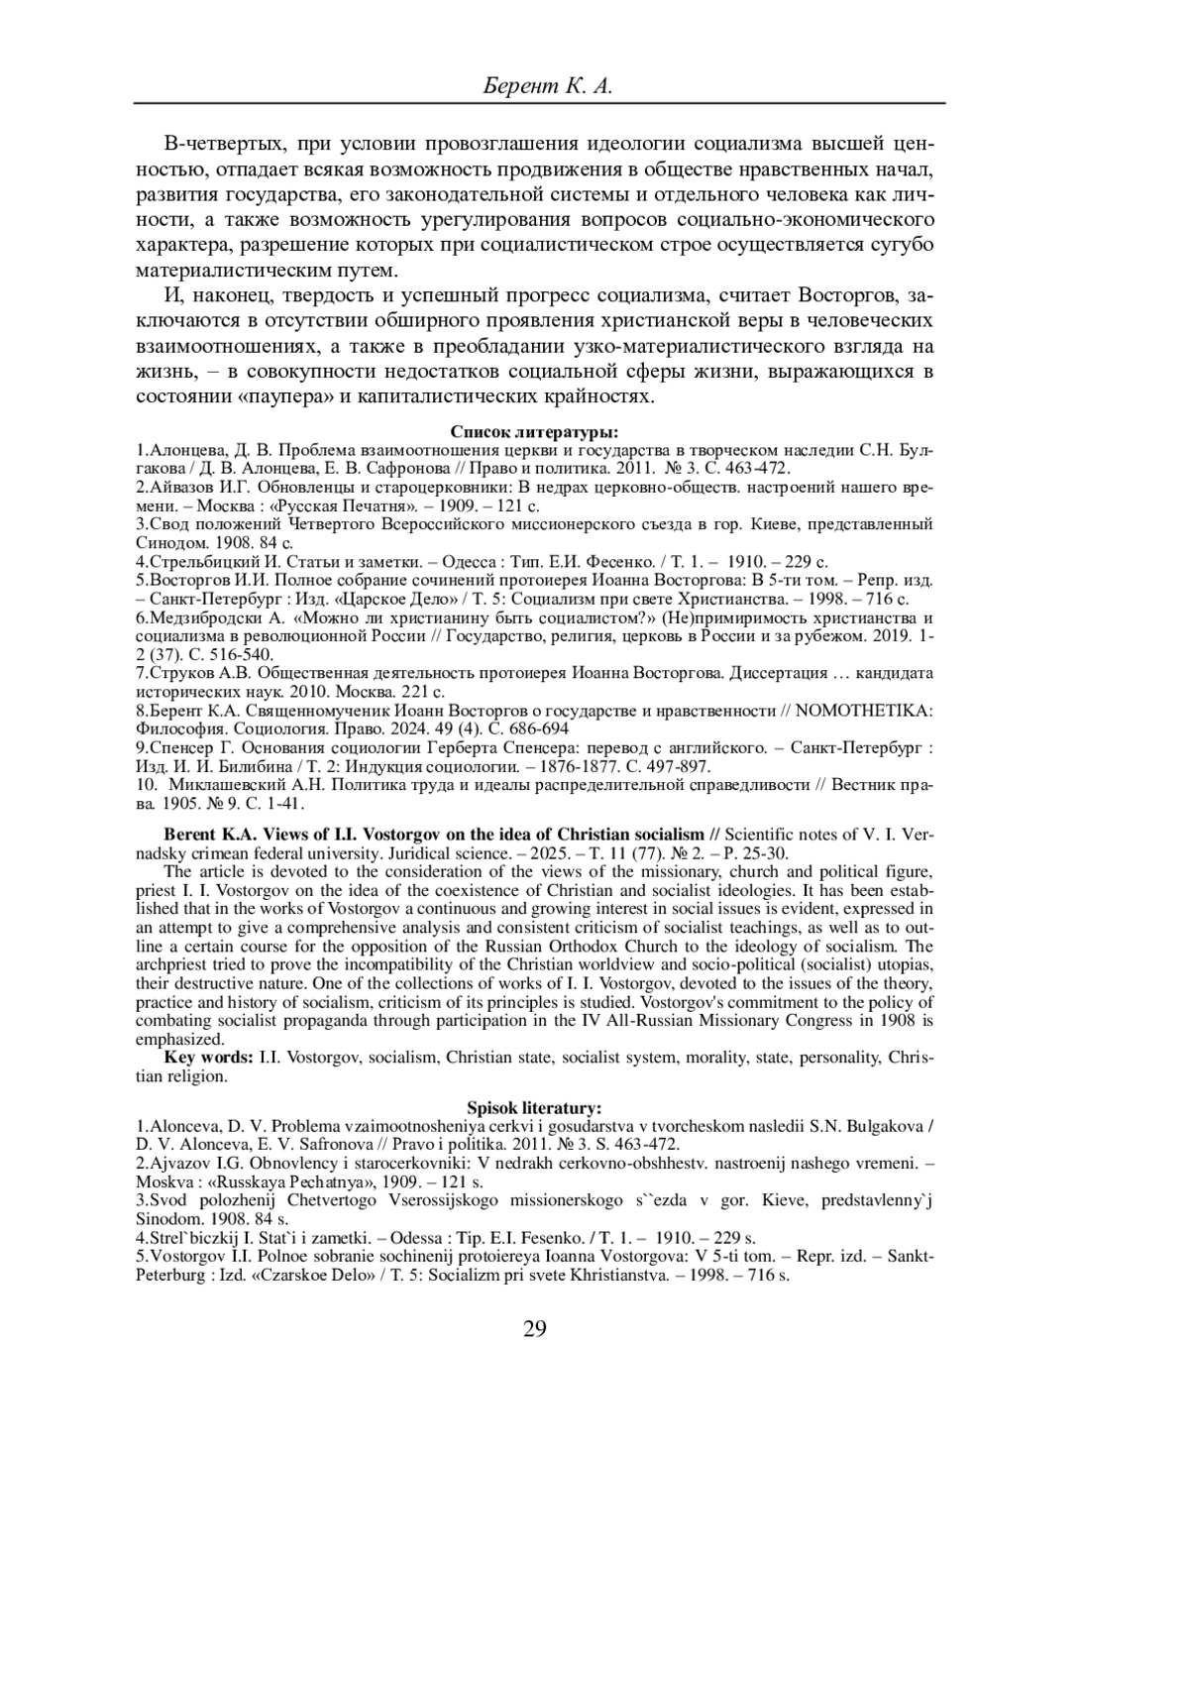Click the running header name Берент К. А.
pyautogui.click(x=548, y=87)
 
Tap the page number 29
pyautogui.click(x=535, y=1329)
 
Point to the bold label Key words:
pyautogui.click(x=209, y=1058)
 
